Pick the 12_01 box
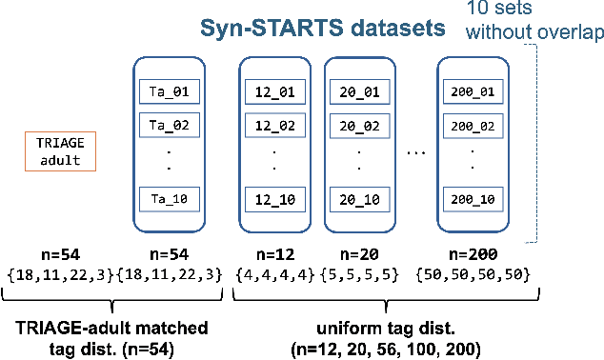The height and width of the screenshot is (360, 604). point(274,92)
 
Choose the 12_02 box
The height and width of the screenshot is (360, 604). point(274,125)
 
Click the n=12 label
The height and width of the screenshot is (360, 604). point(274,255)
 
